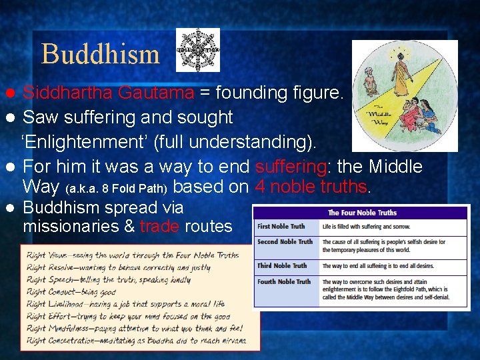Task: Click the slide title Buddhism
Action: (100, 53)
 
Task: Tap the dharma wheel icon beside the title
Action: (197, 50)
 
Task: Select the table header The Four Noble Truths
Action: (361, 213)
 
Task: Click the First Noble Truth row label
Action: (281, 227)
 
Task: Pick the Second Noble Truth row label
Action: (285, 242)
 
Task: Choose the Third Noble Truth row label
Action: (282, 266)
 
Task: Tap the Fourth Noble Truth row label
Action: (284, 282)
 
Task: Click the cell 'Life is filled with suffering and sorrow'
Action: (366, 227)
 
